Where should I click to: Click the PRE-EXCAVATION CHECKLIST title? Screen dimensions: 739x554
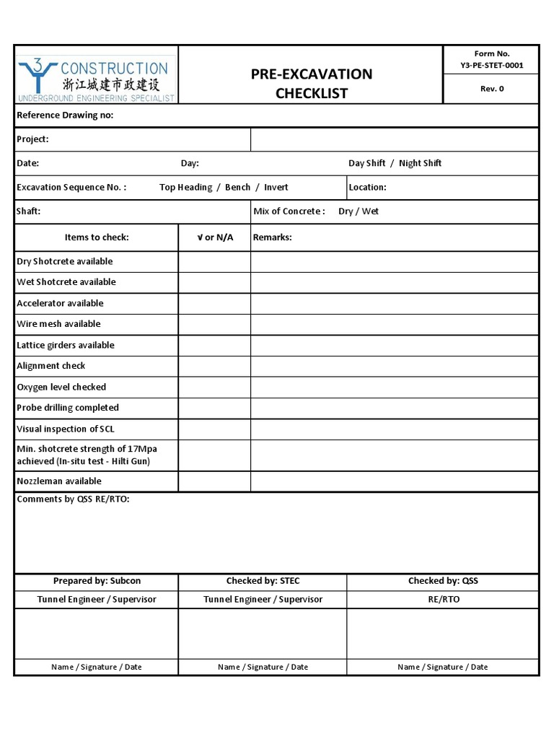[x=311, y=83]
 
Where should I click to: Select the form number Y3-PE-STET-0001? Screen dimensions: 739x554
[x=491, y=65]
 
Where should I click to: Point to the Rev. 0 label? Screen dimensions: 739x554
[x=491, y=89]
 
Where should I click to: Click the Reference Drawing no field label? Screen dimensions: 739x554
[x=65, y=115]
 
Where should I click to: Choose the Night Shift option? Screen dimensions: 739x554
[x=420, y=163]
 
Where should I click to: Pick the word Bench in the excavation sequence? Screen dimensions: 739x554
[x=237, y=187]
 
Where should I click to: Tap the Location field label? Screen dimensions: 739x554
[x=367, y=187]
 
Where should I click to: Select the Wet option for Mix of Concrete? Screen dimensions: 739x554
[x=370, y=211]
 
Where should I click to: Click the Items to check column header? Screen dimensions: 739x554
[x=97, y=237]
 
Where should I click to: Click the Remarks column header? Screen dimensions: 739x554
[x=272, y=237]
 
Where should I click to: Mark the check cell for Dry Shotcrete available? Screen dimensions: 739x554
[x=214, y=261]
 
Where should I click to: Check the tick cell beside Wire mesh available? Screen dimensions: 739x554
[x=214, y=324]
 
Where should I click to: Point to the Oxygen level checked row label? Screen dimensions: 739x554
[x=61, y=387]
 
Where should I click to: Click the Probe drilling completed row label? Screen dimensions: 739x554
[x=68, y=408]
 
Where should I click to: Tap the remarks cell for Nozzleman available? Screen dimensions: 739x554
[x=394, y=481]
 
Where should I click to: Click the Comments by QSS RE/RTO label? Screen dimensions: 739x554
[x=73, y=499]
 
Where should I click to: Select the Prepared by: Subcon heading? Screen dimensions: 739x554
[x=97, y=581]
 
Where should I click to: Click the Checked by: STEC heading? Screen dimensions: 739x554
[x=263, y=581]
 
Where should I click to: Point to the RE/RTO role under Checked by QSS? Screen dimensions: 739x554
[x=443, y=599]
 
